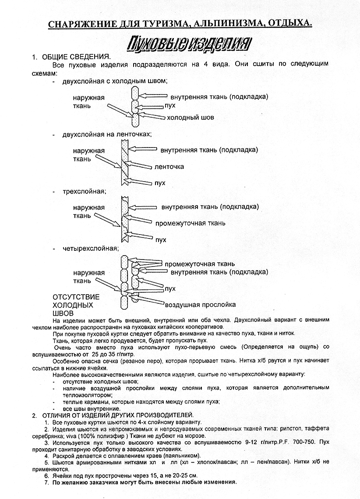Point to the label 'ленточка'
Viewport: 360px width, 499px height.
point(169,167)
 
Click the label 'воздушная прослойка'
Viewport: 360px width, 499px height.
point(200,305)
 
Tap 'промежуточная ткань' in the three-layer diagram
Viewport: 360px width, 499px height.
point(190,223)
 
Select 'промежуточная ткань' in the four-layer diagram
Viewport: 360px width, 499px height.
point(199,264)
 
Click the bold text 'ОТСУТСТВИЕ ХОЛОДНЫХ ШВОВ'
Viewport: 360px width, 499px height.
point(76,305)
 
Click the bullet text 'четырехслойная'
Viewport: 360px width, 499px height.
point(90,249)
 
